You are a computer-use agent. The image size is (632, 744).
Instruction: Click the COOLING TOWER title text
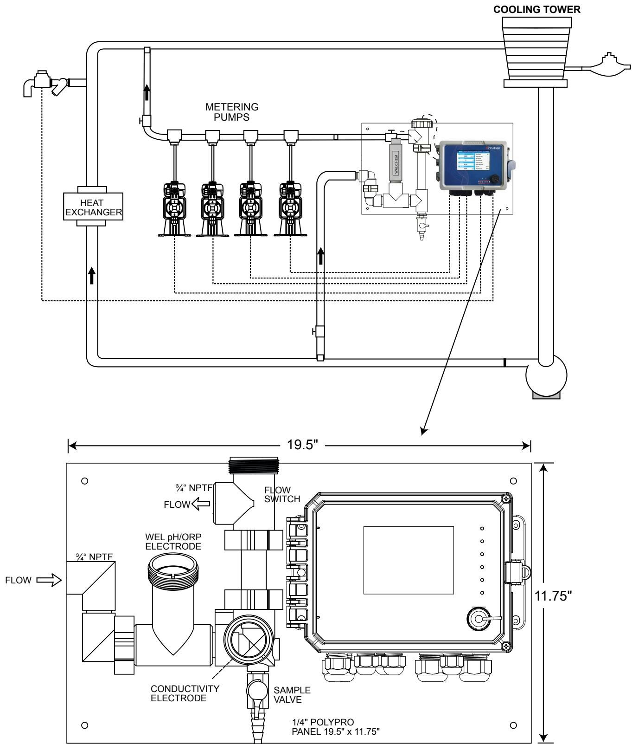pos(537,9)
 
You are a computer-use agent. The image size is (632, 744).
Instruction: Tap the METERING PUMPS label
pos(232,111)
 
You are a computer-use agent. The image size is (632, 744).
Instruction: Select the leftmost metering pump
pos(174,208)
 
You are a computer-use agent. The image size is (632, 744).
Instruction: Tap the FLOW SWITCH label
pos(282,494)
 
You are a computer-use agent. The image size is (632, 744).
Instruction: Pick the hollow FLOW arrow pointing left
pos(200,504)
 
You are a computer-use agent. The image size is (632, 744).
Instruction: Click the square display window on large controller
pos(408,560)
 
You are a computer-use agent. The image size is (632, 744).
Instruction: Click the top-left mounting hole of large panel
pos(84,481)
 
